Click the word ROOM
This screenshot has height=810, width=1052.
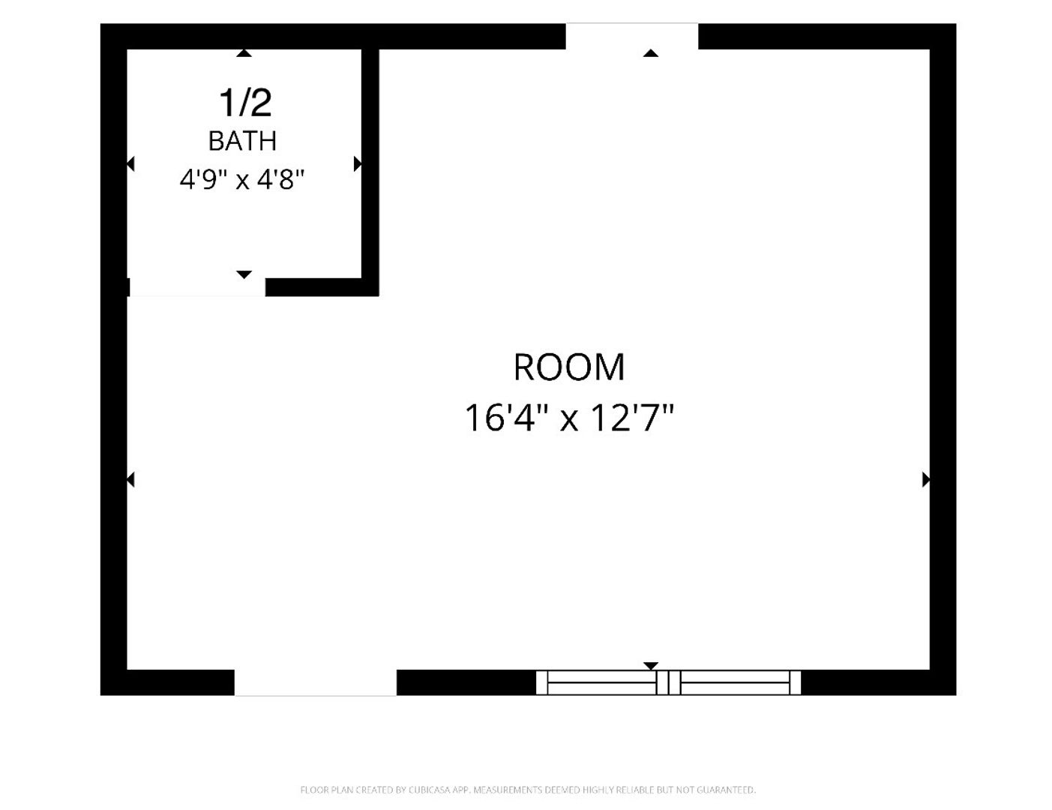click(x=569, y=367)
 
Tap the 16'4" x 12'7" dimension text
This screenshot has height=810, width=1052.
click(x=569, y=417)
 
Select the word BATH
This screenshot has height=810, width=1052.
click(x=242, y=141)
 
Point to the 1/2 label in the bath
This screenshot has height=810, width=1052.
click(x=245, y=103)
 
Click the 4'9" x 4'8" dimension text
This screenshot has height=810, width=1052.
click(x=242, y=179)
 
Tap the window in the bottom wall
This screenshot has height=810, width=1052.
click(x=668, y=682)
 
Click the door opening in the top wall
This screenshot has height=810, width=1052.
click(x=632, y=36)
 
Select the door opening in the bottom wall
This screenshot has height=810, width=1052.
click(x=316, y=683)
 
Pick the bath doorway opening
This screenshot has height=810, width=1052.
click(x=197, y=287)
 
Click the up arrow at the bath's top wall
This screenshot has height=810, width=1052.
click(x=244, y=53)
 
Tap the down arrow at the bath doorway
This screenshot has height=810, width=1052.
click(x=244, y=274)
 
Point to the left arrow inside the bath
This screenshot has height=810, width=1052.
click(x=130, y=164)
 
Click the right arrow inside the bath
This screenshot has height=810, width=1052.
click(x=358, y=164)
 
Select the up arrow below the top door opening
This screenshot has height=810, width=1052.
click(x=651, y=53)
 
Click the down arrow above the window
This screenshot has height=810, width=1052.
click(x=651, y=666)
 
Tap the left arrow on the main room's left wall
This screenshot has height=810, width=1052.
click(x=130, y=480)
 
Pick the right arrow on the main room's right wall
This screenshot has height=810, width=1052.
click(x=926, y=480)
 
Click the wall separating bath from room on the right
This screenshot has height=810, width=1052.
click(x=370, y=163)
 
